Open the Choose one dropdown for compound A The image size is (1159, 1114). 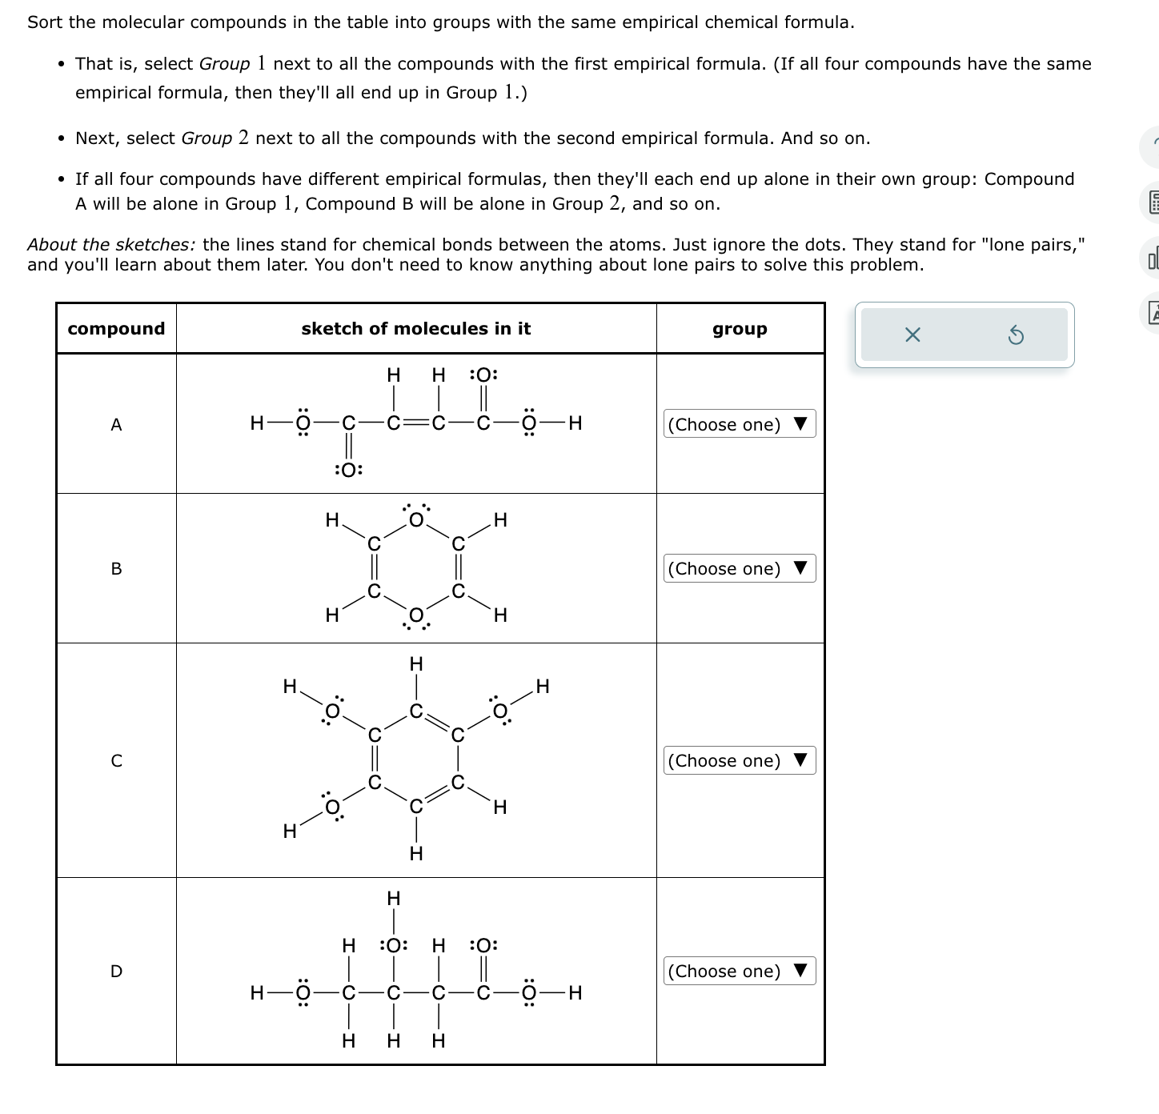[x=740, y=424]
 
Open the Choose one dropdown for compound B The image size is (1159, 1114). [x=740, y=569]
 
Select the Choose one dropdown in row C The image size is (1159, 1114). [x=740, y=760]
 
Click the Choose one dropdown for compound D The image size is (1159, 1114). [x=740, y=971]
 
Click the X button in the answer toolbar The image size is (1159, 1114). [x=912, y=335]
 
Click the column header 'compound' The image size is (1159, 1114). [x=116, y=329]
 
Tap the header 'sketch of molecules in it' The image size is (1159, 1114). [x=415, y=329]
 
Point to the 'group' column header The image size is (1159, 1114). [x=740, y=329]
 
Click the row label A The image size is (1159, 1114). [x=116, y=425]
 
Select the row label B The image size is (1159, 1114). [x=116, y=569]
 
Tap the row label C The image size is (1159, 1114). [x=116, y=760]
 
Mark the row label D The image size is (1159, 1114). [x=116, y=972]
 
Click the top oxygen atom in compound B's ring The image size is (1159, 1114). [x=415, y=520]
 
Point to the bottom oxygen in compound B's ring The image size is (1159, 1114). [x=415, y=615]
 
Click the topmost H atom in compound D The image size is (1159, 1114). [x=393, y=898]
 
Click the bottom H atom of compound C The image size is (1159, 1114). [x=415, y=854]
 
